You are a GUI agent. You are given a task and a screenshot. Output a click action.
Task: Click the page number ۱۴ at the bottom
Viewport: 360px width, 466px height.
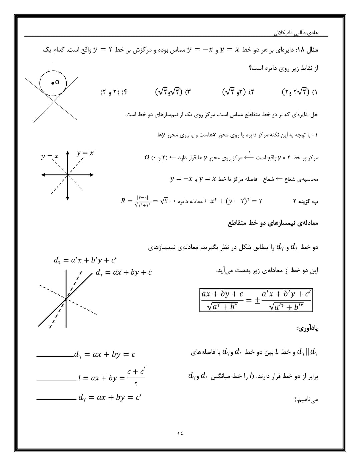coord(180,433)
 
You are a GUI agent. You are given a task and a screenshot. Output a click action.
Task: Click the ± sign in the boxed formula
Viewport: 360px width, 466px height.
coord(257,300)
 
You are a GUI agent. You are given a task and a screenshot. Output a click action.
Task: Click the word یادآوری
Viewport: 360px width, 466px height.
coord(307,328)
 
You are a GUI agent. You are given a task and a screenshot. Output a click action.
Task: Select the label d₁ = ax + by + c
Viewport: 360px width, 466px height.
coord(124,272)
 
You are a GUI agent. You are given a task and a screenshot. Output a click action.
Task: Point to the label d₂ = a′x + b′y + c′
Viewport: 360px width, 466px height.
coord(85,260)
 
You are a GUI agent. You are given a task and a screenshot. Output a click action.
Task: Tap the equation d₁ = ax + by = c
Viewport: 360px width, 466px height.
coord(105,354)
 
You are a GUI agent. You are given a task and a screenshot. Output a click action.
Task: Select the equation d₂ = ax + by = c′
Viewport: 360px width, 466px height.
coord(110,397)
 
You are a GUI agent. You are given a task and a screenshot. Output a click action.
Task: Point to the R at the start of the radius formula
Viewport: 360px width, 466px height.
coord(123,201)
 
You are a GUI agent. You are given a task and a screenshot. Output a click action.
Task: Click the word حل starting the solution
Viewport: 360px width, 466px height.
coord(314,115)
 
